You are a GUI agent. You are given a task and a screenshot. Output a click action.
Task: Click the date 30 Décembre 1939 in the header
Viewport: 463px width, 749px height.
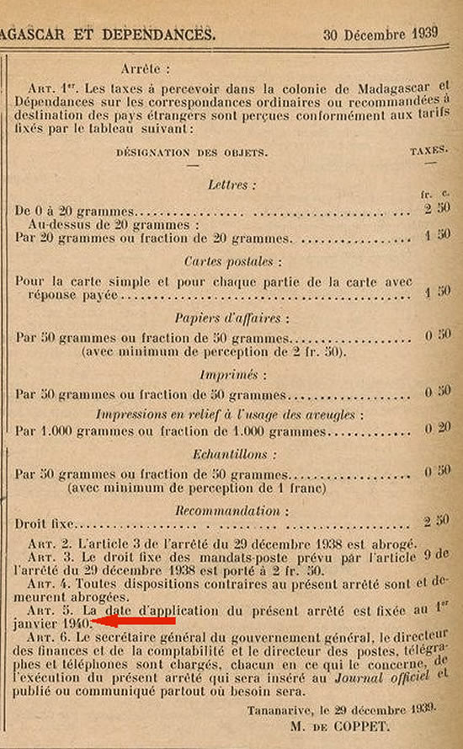(387, 35)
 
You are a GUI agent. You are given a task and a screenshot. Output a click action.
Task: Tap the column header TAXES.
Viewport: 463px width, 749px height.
(428, 152)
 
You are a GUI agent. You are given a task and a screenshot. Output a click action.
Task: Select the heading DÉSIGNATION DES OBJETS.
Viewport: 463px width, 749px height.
(192, 152)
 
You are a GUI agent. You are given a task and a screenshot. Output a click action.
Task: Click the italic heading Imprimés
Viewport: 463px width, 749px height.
(228, 375)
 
